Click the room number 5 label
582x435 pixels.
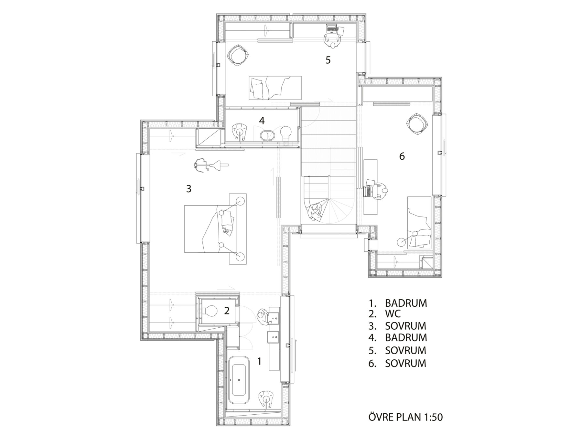click(x=328, y=60)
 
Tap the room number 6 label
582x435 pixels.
click(x=402, y=156)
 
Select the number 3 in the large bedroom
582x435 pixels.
click(x=189, y=188)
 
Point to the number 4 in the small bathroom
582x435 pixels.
click(x=262, y=121)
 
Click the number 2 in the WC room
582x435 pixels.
click(x=227, y=311)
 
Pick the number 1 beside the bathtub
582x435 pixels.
click(x=259, y=361)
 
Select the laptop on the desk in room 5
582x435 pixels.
click(x=331, y=29)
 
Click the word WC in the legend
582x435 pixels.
click(x=393, y=313)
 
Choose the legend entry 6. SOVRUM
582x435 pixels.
click(x=397, y=363)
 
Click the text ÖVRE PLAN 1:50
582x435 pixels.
click(x=405, y=417)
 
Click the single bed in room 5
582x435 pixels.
click(x=275, y=88)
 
